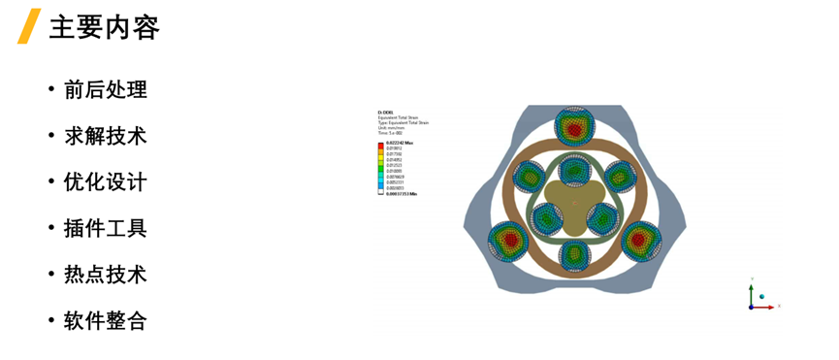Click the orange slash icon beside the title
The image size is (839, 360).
click(x=29, y=26)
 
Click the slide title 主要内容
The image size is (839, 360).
click(x=104, y=26)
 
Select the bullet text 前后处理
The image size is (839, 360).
click(x=105, y=90)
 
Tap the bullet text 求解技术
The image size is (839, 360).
click(x=105, y=136)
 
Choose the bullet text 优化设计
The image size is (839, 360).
click(x=105, y=182)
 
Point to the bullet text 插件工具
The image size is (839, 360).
click(x=105, y=229)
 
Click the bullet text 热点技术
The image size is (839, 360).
click(x=105, y=275)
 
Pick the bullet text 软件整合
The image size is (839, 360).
click(x=105, y=321)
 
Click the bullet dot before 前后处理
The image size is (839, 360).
click(x=50, y=90)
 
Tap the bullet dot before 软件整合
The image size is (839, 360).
click(x=50, y=321)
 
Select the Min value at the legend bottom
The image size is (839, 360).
click(x=401, y=194)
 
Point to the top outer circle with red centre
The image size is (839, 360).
click(x=574, y=126)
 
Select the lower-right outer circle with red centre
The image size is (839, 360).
click(x=640, y=239)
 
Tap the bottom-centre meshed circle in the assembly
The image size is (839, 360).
click(x=574, y=255)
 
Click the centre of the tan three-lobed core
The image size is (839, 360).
click(x=574, y=202)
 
